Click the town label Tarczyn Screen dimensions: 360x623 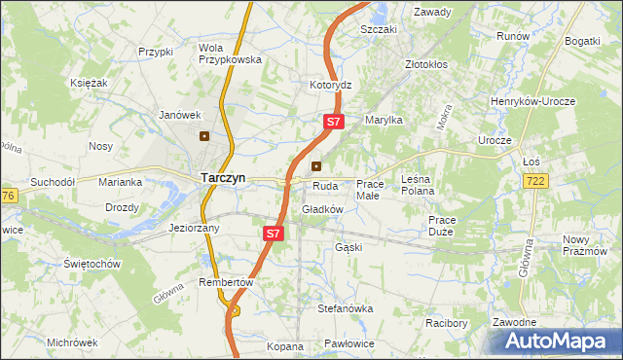[223, 178]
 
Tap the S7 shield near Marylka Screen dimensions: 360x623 [333, 122]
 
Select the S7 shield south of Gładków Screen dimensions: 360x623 [274, 234]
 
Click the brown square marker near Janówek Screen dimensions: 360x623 [204, 136]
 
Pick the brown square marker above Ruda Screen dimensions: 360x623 [315, 165]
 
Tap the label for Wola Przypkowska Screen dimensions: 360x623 [230, 54]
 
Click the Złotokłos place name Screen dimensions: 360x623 [426, 65]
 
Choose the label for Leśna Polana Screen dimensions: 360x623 [418, 185]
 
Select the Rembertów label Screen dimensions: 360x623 [226, 282]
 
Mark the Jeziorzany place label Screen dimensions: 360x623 [194, 228]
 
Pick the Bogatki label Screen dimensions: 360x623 [581, 41]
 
